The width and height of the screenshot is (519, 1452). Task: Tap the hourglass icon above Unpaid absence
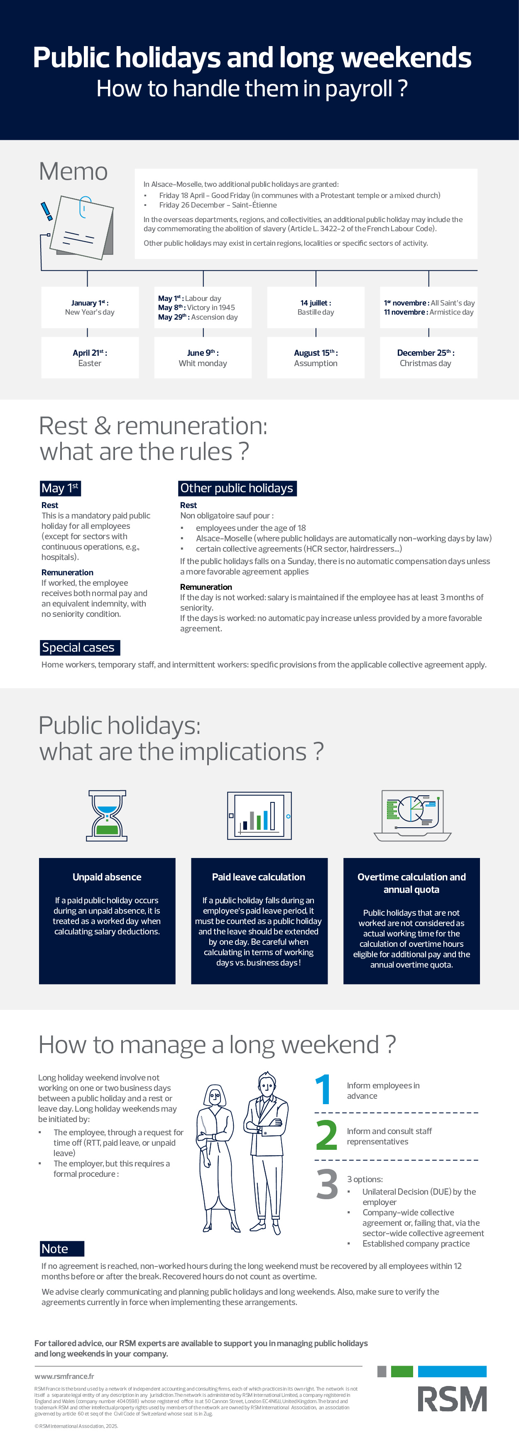coord(107,815)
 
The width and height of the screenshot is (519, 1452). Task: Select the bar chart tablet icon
coord(259,815)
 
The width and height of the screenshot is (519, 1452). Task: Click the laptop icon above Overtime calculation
coord(412,815)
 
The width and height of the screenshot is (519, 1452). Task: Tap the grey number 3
coord(327,1184)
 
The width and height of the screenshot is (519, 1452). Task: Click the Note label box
coord(62,1249)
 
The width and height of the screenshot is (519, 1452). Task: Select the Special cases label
coord(79,648)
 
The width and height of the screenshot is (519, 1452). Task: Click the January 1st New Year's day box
coord(90,307)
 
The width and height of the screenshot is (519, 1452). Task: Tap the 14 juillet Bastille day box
coord(316,307)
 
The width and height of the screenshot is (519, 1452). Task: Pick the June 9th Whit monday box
coord(203,357)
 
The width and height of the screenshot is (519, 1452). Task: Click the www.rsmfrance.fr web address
coord(64,1376)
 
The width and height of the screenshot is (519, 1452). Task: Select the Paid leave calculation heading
coord(259,877)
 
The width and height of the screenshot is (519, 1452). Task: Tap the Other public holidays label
coord(237,488)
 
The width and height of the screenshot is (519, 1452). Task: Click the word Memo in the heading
coord(73,171)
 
